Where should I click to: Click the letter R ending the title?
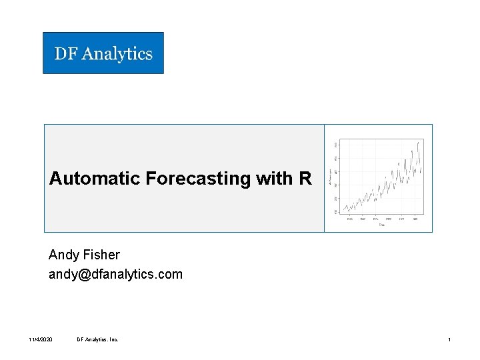[x=305, y=179]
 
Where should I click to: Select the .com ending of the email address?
[x=169, y=274]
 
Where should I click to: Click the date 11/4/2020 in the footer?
[x=41, y=340]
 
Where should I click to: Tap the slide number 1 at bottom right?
[x=449, y=340]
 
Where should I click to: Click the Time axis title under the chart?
[x=381, y=225]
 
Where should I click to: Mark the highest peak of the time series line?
[x=418, y=142]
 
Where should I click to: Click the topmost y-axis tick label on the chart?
[x=336, y=144]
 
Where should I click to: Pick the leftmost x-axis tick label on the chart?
[x=349, y=219]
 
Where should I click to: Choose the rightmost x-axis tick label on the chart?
[x=415, y=219]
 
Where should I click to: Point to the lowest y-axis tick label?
[x=336, y=212]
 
